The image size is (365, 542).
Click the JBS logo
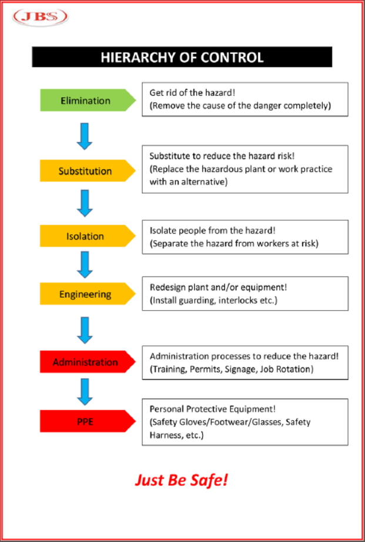[40, 16]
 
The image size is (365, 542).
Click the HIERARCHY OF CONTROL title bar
[182, 58]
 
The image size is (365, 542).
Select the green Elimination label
[86, 100]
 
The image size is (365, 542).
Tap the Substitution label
[86, 171]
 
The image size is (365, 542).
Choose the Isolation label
[86, 236]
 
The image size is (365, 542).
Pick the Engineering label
[86, 294]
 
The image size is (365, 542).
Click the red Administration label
[86, 362]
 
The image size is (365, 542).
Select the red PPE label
[86, 421]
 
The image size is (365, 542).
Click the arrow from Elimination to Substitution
[85, 136]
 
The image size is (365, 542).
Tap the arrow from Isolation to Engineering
[85, 265]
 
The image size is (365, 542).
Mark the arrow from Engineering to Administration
[85, 329]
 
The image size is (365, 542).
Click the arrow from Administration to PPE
[85, 391]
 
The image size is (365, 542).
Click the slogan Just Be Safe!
[181, 480]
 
